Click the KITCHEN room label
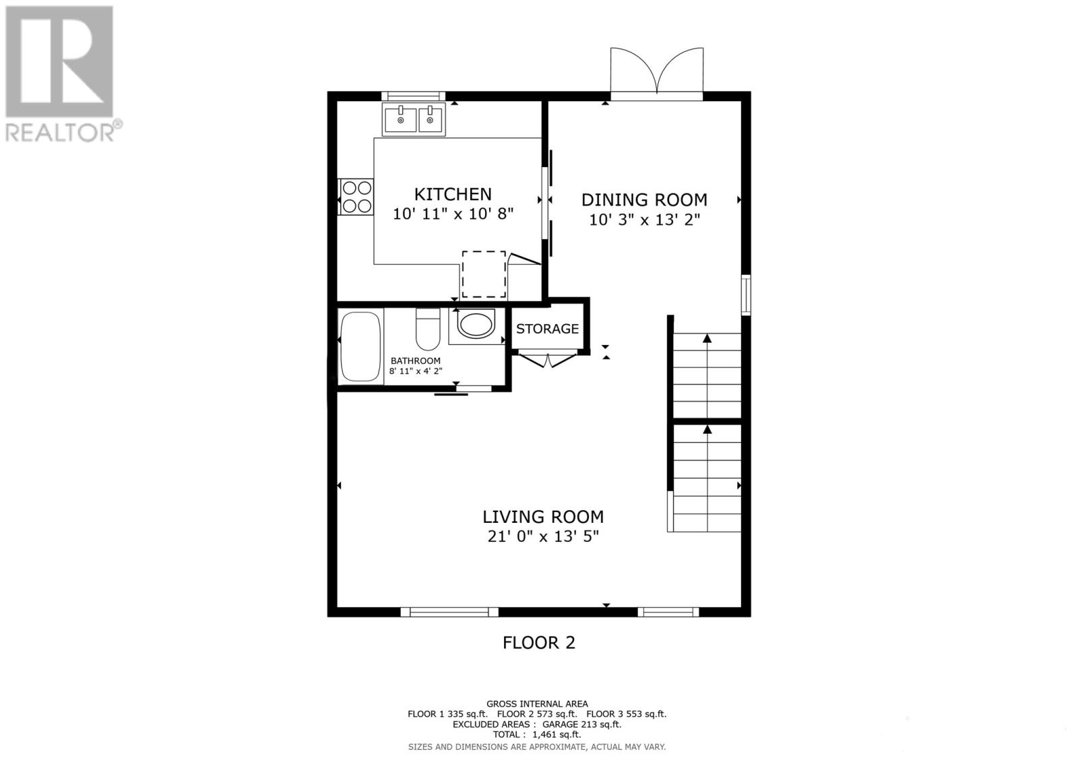click(452, 194)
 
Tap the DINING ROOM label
click(643, 199)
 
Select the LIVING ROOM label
click(542, 517)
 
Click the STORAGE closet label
click(547, 329)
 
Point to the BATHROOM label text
click(415, 360)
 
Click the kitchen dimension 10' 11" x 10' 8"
click(453, 214)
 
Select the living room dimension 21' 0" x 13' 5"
click(542, 537)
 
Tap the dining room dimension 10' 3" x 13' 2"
click(644, 220)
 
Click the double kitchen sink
click(414, 120)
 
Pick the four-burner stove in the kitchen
click(356, 196)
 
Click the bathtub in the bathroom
click(360, 346)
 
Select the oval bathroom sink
click(476, 324)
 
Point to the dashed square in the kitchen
click(484, 274)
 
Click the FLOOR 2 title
click(538, 643)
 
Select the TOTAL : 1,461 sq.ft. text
click(536, 735)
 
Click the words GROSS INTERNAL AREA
click(536, 704)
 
